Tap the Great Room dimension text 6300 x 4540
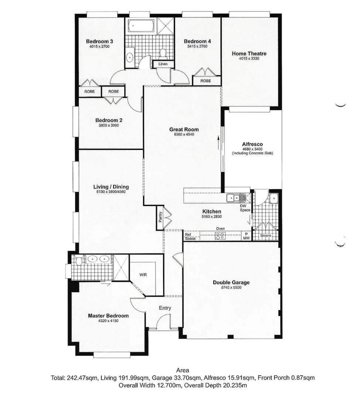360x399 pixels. (x=184, y=134)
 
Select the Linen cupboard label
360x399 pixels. (x=163, y=64)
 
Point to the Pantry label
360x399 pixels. (x=160, y=216)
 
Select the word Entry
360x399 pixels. (x=165, y=308)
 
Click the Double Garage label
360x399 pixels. (x=231, y=283)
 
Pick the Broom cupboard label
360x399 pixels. (x=265, y=235)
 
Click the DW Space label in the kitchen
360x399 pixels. (x=244, y=208)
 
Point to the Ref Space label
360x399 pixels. (x=190, y=236)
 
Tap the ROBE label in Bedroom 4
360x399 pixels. (x=206, y=81)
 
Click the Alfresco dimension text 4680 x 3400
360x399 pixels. (x=252, y=149)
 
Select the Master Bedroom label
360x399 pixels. (x=108, y=316)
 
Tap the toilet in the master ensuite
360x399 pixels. (x=78, y=261)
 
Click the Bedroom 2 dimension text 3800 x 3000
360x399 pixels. (x=109, y=125)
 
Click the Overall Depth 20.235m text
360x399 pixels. (x=218, y=385)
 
